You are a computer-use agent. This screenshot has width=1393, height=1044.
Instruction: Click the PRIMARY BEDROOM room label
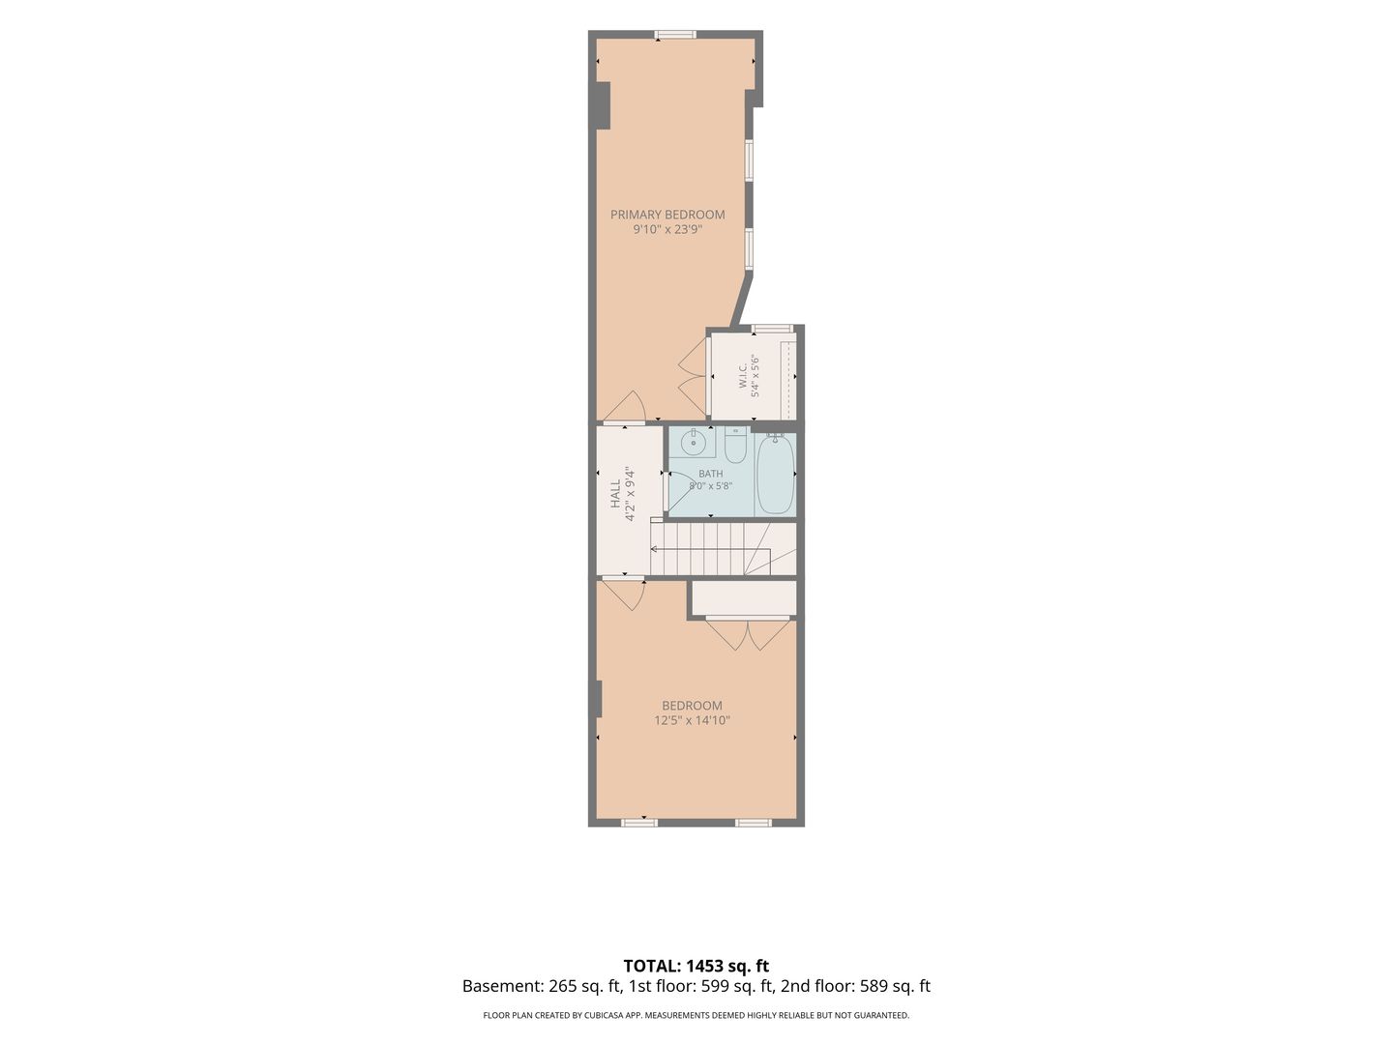pos(667,215)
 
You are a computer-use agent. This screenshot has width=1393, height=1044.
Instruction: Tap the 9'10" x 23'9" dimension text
pos(667,229)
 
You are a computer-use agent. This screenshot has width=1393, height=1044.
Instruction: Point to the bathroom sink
pos(694,443)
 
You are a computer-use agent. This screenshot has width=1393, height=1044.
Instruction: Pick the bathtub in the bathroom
pos(775,474)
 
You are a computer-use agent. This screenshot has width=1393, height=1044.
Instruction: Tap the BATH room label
pos(710,474)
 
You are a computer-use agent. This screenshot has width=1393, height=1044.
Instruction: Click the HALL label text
pos(615,494)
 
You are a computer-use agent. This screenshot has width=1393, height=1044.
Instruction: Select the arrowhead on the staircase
pos(654,548)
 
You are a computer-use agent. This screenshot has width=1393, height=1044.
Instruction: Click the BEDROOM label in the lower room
pos(692,706)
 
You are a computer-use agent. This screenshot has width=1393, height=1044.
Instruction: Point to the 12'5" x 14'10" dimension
pos(693,720)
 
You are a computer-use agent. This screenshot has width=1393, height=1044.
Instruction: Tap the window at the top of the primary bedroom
pos(675,35)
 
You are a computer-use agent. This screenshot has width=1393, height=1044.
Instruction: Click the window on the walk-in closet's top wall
pos(772,329)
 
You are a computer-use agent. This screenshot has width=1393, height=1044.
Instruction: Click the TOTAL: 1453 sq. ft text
pos(696,966)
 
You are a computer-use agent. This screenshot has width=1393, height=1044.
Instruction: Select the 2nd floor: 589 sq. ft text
pos(855,986)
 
